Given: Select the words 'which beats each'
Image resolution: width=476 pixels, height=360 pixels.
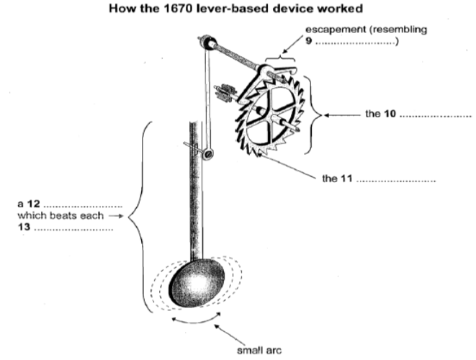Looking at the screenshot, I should point(73,216).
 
